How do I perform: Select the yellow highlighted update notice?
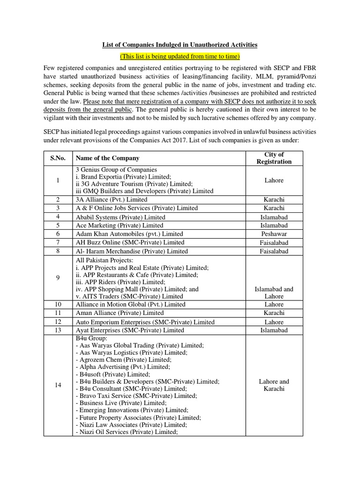coord(180,56)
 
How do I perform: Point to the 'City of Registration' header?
coord(274,158)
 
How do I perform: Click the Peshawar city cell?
coord(274,233)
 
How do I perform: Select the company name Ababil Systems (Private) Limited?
coord(120,217)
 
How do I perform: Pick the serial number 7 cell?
coord(58,242)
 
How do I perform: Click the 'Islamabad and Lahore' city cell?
coord(274,292)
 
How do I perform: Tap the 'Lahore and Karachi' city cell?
coord(274,385)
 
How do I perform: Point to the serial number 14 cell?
coord(58,385)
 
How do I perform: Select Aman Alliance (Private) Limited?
coord(120,313)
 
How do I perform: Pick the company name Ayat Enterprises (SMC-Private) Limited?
coord(129,330)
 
